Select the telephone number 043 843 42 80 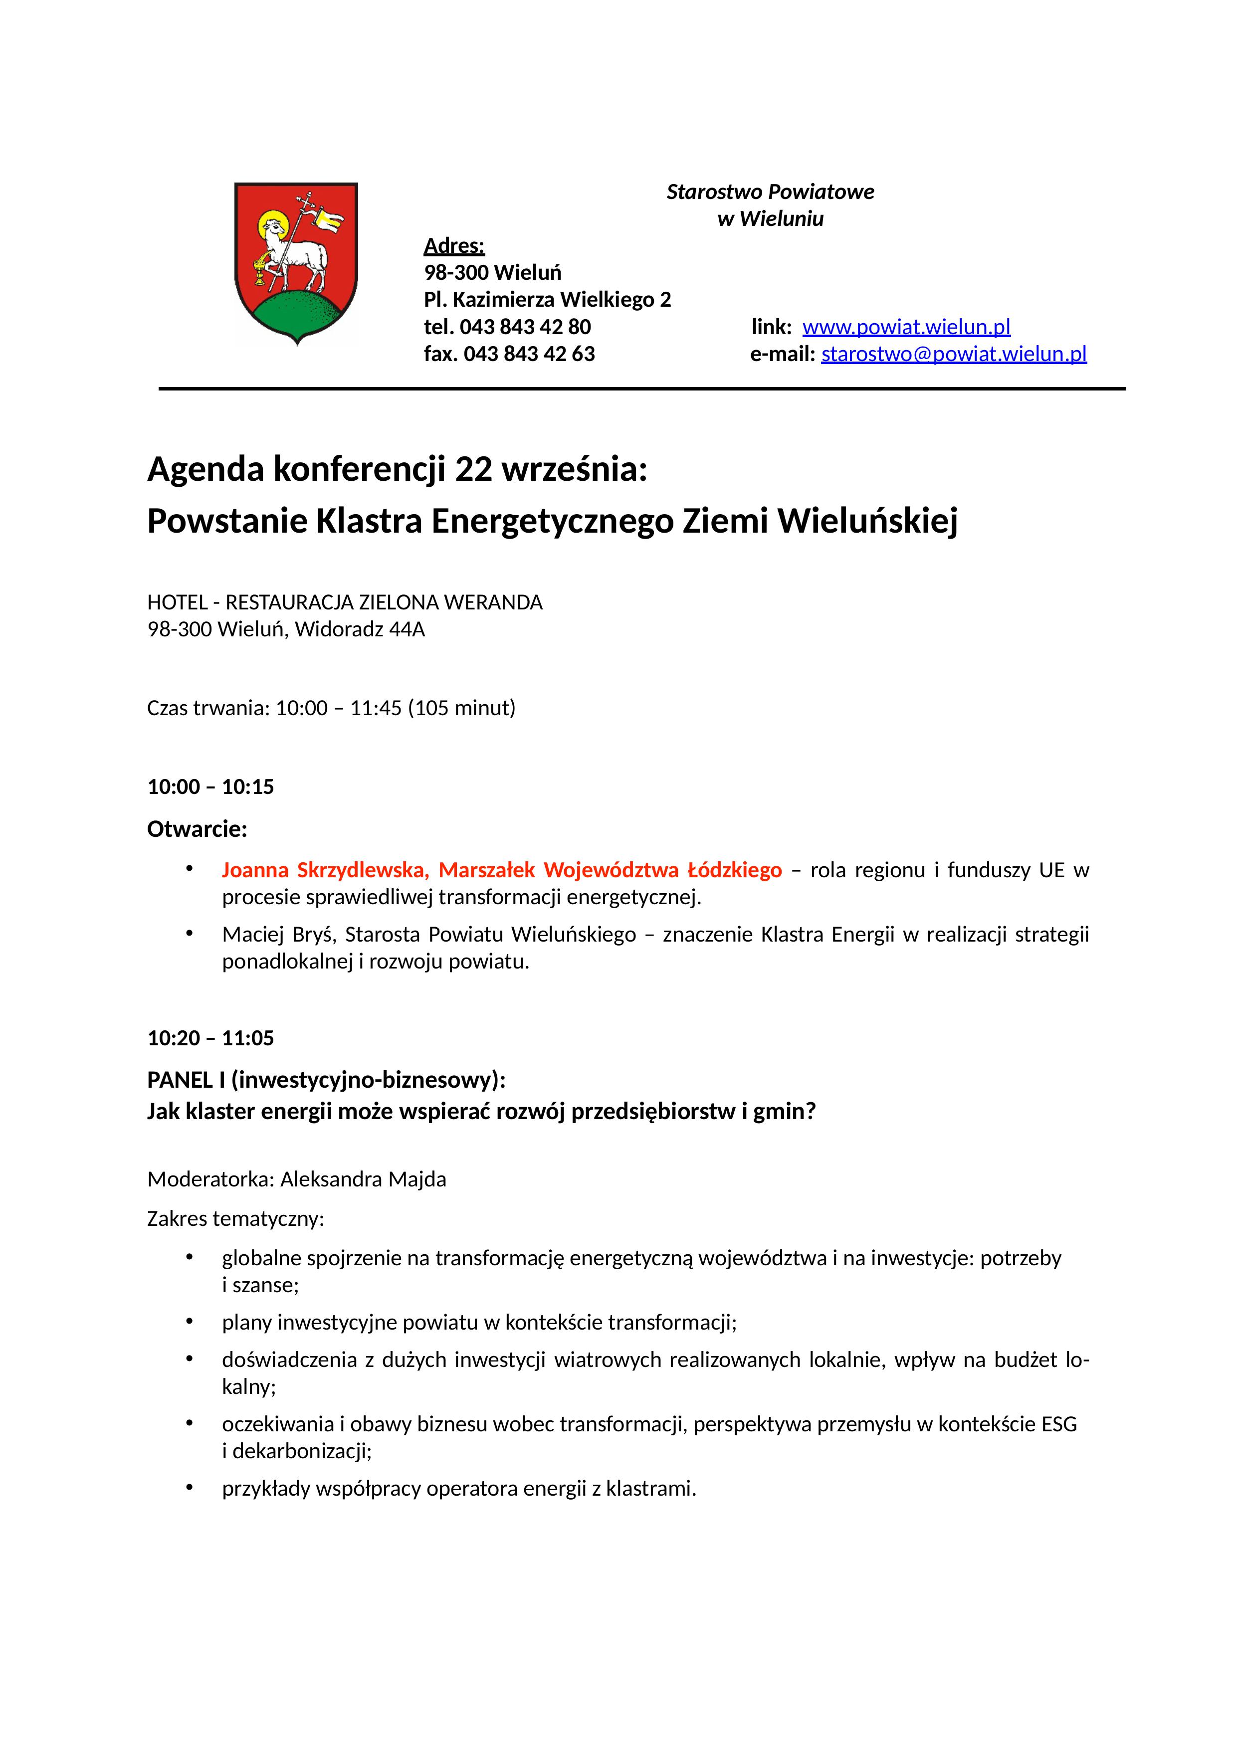[x=525, y=327]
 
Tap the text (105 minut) [x=462, y=708]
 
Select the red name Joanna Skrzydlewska [x=325, y=870]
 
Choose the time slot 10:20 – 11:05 [x=210, y=1038]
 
